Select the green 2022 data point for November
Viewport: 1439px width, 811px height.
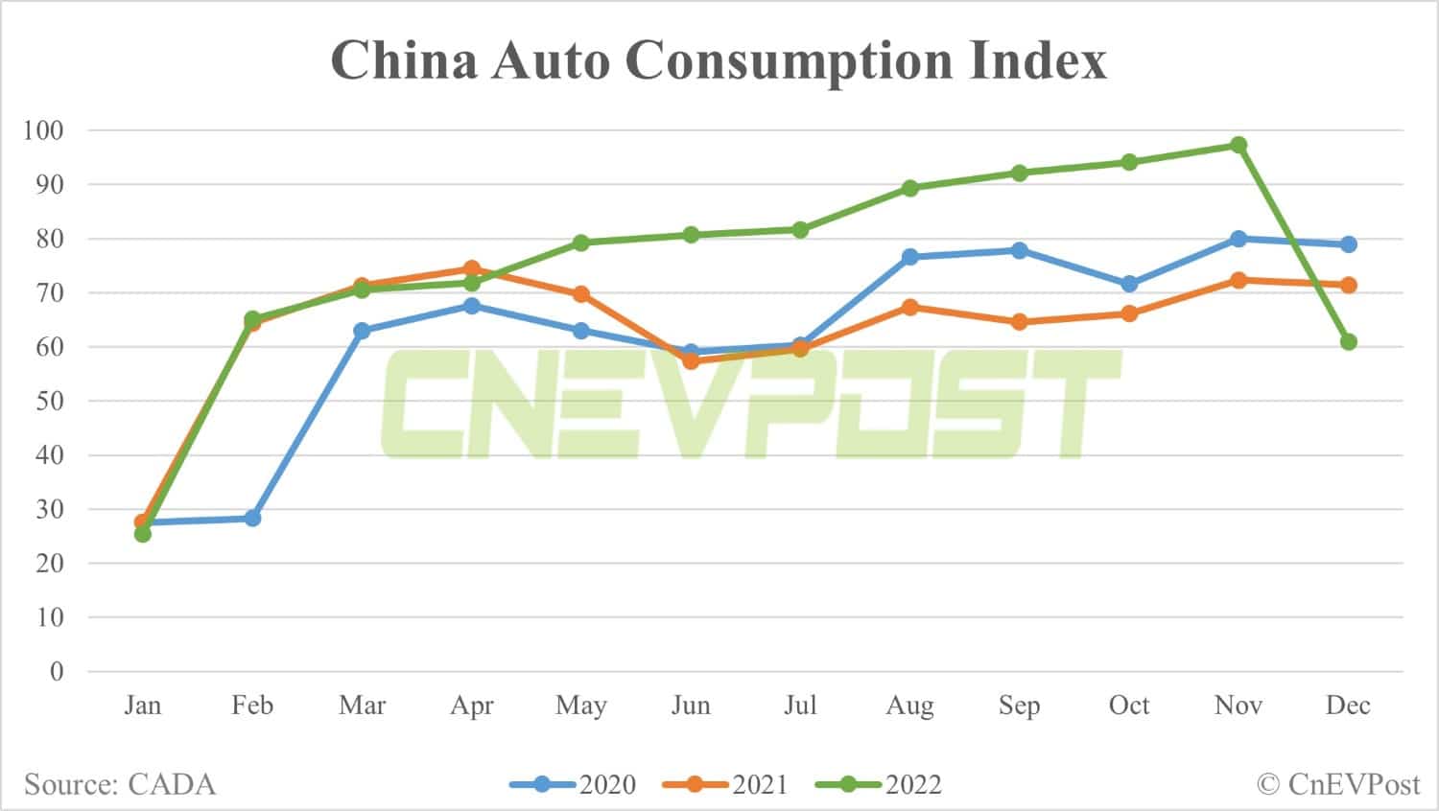click(1238, 145)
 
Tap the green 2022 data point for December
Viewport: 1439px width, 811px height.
click(1348, 342)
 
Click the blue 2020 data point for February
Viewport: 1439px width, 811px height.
click(252, 519)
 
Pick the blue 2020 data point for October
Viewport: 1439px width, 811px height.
click(1129, 285)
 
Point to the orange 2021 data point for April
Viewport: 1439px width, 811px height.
click(472, 268)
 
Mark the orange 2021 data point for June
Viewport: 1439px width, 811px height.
click(691, 361)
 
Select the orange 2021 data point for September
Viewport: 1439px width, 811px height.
click(1019, 322)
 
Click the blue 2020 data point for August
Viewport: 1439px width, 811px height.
click(909, 257)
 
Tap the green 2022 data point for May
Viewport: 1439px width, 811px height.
click(581, 243)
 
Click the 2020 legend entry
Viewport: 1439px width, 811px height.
click(573, 784)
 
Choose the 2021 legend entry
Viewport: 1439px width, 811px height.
click(725, 784)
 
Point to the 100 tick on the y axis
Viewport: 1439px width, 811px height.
click(43, 130)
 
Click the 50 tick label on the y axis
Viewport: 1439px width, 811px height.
click(50, 401)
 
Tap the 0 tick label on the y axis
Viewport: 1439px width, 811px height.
click(57, 671)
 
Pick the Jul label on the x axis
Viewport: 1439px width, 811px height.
click(800, 706)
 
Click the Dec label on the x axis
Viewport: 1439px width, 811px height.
click(1348, 706)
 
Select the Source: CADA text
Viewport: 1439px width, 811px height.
click(120, 784)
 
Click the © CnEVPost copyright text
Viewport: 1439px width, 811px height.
click(1337, 784)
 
